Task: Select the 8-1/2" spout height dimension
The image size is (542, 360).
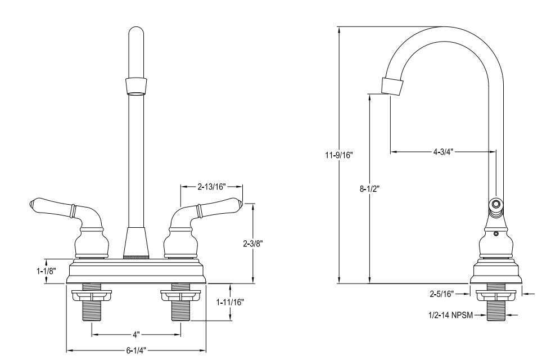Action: pyautogui.click(x=369, y=189)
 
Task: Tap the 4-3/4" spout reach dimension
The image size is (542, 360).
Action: pyautogui.click(x=443, y=151)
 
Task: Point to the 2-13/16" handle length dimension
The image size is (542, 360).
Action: pyautogui.click(x=211, y=186)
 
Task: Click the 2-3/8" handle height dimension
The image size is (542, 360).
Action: pyautogui.click(x=252, y=244)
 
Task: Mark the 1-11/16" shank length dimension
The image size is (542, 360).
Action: pyautogui.click(x=231, y=302)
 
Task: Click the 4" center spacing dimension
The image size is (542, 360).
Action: pyautogui.click(x=135, y=335)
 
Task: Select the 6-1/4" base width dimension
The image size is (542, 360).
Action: pyautogui.click(x=135, y=350)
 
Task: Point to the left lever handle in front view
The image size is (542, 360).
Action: pyautogui.click(x=53, y=207)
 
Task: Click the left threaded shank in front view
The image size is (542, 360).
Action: pyautogui.click(x=92, y=309)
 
